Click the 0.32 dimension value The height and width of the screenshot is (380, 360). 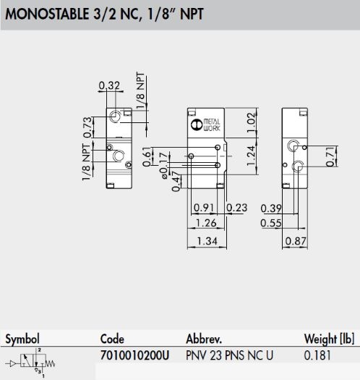click(x=109, y=85)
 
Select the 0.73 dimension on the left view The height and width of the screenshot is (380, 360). click(x=88, y=127)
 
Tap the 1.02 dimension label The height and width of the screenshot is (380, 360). click(x=252, y=122)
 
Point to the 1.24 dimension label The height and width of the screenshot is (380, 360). click(x=251, y=156)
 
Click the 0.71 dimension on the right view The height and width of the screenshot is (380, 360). click(x=330, y=156)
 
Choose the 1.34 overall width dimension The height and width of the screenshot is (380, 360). click(x=207, y=241)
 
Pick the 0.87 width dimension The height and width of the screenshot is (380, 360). click(x=296, y=241)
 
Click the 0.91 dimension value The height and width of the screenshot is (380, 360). click(x=204, y=208)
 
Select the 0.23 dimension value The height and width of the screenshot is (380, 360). click(x=236, y=208)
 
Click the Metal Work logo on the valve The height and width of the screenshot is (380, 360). click(x=205, y=124)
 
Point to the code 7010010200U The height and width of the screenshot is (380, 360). click(x=134, y=355)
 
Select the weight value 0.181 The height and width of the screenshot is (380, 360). click(x=317, y=355)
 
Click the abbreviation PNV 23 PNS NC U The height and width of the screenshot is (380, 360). click(x=229, y=355)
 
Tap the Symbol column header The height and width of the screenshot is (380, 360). click(x=22, y=339)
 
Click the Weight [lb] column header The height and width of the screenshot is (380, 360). click(x=329, y=339)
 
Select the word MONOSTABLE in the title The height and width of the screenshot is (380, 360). click(x=47, y=14)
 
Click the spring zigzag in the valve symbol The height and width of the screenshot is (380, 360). click(x=51, y=363)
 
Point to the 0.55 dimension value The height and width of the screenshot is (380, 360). click(x=271, y=223)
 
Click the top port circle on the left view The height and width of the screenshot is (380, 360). click(x=115, y=117)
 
